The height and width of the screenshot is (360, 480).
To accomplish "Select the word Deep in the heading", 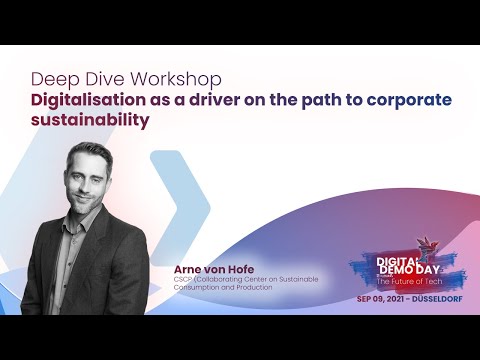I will pyautogui.click(x=51, y=77).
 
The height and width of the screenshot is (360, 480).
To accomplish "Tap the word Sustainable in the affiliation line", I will pyautogui.click(x=295, y=280).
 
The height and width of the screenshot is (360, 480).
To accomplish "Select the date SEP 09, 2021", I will pyautogui.click(x=380, y=299).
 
